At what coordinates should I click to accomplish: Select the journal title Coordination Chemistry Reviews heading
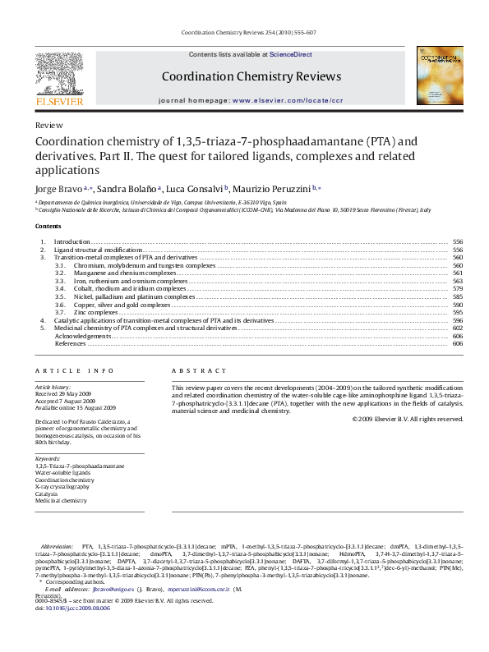(251, 76)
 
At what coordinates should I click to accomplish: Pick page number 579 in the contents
(458, 289)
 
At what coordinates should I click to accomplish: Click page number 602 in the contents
(458, 328)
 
